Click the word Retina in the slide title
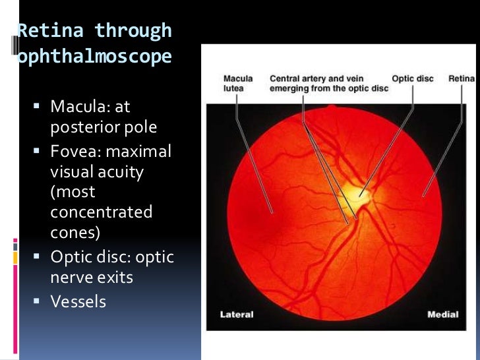tap(48, 30)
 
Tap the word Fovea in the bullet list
tap(73, 152)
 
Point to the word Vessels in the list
tap(78, 301)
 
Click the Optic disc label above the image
tap(412, 79)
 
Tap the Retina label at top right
tap(462, 79)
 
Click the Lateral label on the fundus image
tap(237, 315)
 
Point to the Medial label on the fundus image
tap(442, 315)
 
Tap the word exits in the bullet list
tap(116, 278)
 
